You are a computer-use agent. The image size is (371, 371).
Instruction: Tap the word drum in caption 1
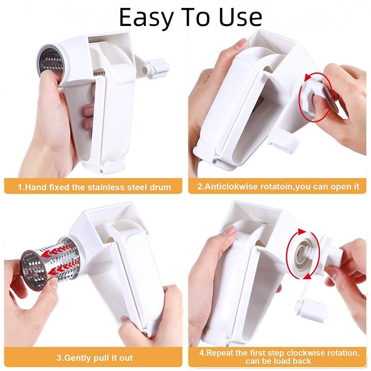point(160,187)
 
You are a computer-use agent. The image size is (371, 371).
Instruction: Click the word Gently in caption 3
point(80,358)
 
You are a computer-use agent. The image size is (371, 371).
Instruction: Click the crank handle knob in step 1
point(158,68)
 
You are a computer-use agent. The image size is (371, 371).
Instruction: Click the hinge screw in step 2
point(215,160)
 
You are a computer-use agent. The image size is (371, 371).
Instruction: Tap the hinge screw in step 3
point(147,333)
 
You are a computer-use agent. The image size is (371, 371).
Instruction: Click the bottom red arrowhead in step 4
point(307,276)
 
